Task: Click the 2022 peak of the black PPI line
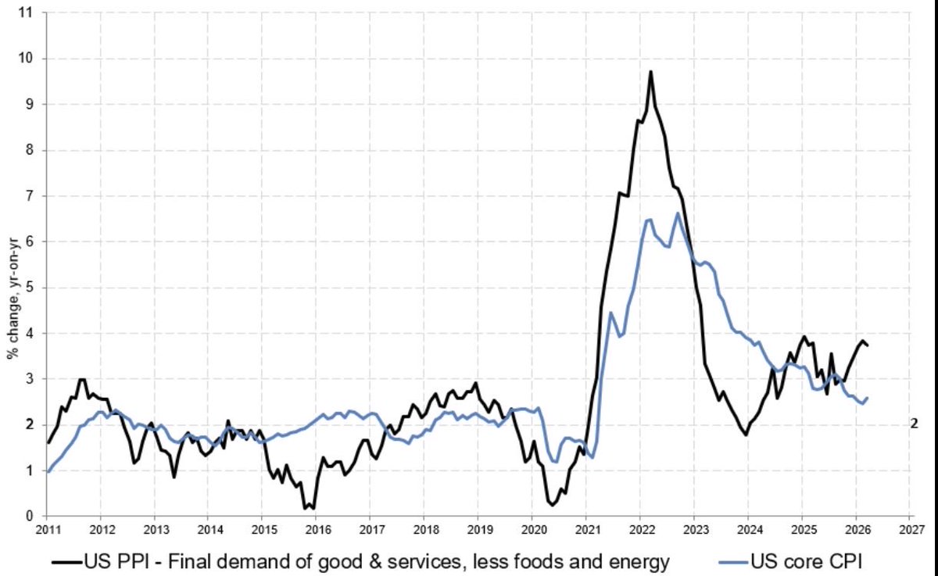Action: (650, 72)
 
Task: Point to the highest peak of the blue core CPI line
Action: (678, 213)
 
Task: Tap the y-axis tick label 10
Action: (30, 59)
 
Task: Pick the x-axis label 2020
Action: (532, 529)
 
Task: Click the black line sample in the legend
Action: (69, 560)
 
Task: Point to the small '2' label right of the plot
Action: (912, 423)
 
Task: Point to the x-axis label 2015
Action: (262, 529)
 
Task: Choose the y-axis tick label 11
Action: (30, 13)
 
